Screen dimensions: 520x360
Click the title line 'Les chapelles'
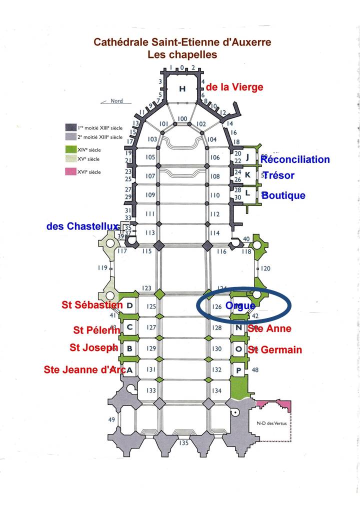click(182, 54)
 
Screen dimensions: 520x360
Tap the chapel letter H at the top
click(182, 88)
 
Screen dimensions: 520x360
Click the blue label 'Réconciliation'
click(295, 159)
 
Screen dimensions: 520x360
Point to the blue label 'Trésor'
click(278, 175)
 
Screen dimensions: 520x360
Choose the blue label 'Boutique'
click(283, 195)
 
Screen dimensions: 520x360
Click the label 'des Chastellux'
click(82, 226)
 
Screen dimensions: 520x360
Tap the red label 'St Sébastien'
click(92, 304)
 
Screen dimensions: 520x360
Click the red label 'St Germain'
click(274, 349)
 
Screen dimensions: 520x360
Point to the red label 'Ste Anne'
click(269, 328)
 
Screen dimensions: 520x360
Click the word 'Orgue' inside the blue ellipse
click(240, 305)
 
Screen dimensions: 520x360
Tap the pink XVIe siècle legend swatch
click(72, 172)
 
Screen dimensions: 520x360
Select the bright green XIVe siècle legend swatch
click(72, 149)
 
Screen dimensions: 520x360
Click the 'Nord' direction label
click(116, 101)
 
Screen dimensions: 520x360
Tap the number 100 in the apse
click(182, 118)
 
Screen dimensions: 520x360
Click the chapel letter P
click(238, 370)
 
